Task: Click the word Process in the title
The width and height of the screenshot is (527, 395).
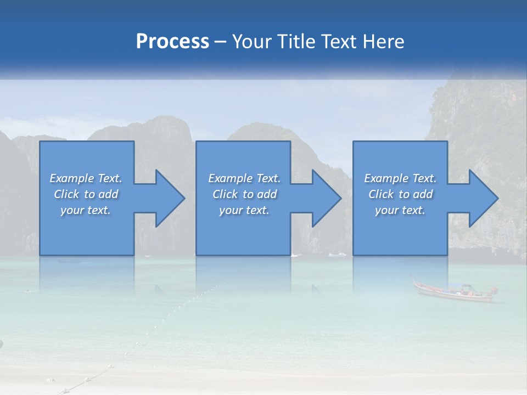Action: point(172,42)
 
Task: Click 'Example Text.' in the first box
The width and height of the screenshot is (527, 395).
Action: point(86,178)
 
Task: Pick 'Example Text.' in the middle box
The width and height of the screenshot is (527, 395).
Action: point(244,178)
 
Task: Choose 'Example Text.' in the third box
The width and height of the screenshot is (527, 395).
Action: point(400,178)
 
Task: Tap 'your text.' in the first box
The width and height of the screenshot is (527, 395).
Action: point(86,210)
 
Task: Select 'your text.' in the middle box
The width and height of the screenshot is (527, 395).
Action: point(244,210)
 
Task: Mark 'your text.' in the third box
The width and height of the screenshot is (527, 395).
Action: point(400,210)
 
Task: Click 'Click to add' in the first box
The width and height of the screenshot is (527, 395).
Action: point(86,194)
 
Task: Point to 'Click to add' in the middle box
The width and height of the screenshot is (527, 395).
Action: point(244,194)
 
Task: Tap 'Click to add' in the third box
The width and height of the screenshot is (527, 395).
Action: point(400,194)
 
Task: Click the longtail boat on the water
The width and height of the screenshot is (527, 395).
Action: point(453,292)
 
